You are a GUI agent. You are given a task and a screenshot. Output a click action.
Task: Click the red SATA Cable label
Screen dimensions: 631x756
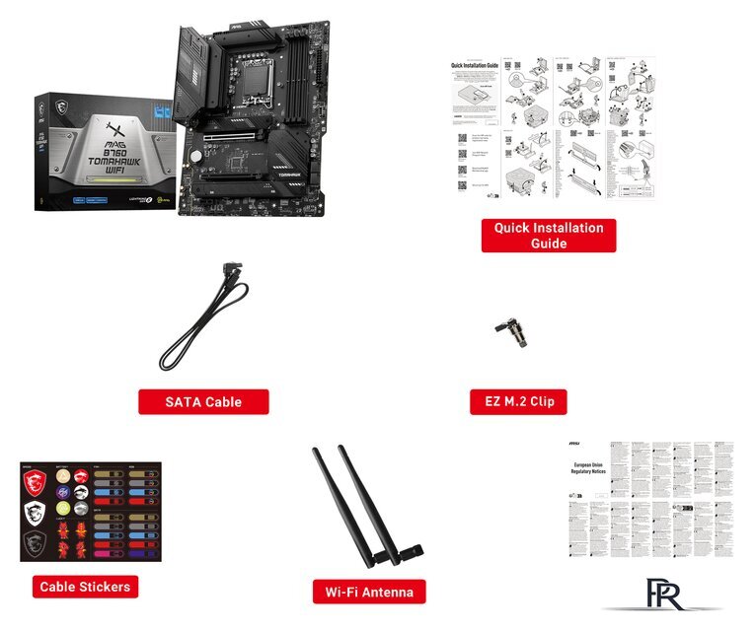pos(203,401)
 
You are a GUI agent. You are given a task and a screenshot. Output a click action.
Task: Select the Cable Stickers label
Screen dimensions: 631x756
pos(84,587)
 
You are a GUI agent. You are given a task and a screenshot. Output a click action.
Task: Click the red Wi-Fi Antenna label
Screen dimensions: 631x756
pos(369,592)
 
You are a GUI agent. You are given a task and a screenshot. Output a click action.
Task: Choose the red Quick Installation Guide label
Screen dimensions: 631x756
pos(548,235)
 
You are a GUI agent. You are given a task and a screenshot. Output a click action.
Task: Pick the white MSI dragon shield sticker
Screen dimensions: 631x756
pos(38,514)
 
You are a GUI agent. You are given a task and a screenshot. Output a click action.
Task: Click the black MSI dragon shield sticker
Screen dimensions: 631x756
pos(38,543)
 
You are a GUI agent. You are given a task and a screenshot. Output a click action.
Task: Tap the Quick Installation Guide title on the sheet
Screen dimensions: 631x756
pos(475,66)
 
